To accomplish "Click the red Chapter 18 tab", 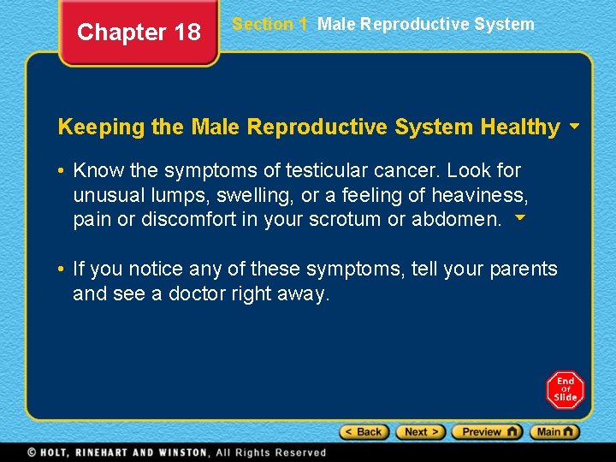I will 139,33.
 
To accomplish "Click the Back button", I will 364,432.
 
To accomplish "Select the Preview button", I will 486,432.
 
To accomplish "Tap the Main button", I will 554,432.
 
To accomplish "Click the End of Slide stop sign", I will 566,390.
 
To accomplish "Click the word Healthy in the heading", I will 520,127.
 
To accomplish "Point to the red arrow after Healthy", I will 574,126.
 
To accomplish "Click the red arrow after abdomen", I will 518,218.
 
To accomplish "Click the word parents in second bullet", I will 523,269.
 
